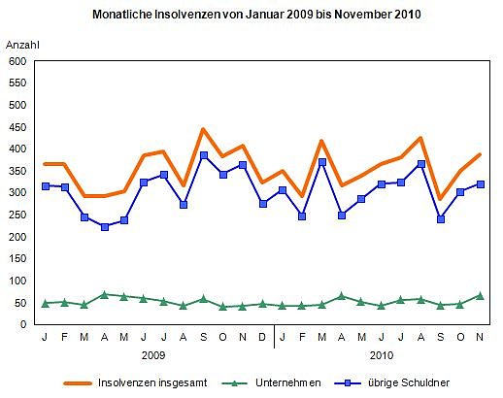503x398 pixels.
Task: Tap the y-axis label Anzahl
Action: [23, 46]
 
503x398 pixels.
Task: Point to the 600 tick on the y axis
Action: [17, 61]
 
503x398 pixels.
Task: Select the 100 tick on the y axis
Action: [17, 281]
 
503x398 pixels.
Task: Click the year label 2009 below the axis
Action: [154, 355]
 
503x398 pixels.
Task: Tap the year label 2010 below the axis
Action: [382, 355]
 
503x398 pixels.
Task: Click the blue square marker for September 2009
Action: [203, 155]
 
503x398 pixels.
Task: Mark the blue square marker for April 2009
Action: [104, 227]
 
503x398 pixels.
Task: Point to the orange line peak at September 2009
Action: [203, 129]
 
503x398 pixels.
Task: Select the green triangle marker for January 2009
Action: [45, 304]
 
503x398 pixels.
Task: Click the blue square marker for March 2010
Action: [321, 162]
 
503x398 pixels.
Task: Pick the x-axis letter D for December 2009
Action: [262, 338]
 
